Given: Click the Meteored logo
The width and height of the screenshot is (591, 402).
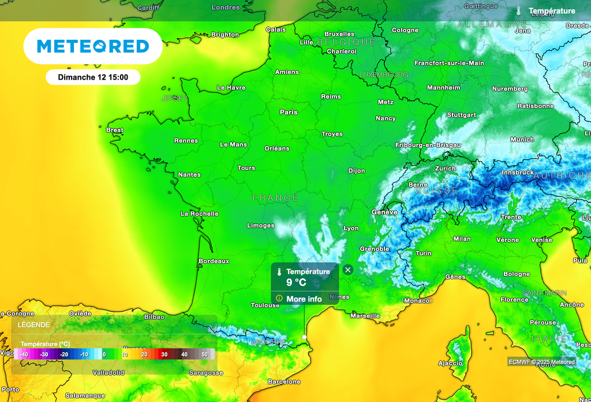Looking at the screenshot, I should coord(93,46).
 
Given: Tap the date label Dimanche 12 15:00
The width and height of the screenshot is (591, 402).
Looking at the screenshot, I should coord(93,77).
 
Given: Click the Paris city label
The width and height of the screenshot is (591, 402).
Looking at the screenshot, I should coord(289,112).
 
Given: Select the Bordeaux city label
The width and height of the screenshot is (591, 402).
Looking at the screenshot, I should coord(214,261).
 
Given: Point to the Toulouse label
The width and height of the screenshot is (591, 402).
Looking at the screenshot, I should coord(265,305).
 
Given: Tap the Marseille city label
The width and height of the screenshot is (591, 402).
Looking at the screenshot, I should coord(365,316).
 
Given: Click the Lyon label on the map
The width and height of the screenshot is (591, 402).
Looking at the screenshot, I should coord(351,228).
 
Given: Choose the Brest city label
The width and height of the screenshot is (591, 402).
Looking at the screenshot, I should coord(115,130).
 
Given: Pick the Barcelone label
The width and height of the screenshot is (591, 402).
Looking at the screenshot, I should coord(285,382).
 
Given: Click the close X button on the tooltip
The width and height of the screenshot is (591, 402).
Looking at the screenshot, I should coord(347,270).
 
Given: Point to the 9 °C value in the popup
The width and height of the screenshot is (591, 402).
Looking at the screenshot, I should coord(296,283).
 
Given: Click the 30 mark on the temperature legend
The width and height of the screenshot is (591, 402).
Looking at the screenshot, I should coord(164,354).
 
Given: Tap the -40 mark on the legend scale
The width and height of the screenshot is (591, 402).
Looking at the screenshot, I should coord(24,354).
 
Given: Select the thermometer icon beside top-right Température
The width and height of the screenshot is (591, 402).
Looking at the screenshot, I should coord(519,11).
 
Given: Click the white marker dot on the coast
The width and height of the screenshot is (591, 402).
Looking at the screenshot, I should coord(304,337).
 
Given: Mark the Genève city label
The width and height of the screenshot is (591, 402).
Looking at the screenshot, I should coord(384,212).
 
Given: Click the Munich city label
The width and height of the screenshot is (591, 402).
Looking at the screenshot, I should coord(522,139).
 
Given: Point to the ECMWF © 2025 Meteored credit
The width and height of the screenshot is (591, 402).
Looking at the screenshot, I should coord(542,362).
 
